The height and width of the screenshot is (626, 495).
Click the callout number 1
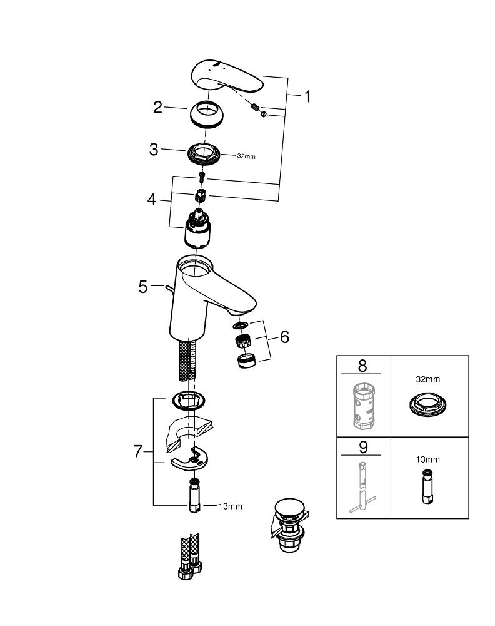[307, 96]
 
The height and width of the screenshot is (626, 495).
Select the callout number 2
[158, 108]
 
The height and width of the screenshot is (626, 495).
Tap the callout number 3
[154, 150]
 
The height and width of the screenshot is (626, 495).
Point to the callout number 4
[152, 199]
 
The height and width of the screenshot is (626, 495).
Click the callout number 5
[142, 287]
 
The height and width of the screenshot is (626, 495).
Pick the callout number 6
[284, 337]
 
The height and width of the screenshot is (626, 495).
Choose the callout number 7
[138, 451]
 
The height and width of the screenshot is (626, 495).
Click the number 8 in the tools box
[362, 366]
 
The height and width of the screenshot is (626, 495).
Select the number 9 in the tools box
[363, 447]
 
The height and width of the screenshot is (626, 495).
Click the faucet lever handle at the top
[227, 76]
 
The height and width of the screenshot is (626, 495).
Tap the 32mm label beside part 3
[246, 156]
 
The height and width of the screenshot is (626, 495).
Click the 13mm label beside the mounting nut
[231, 506]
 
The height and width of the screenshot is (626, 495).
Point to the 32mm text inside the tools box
[428, 379]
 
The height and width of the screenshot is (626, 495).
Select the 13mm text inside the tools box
[428, 459]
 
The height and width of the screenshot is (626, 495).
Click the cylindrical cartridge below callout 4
[197, 228]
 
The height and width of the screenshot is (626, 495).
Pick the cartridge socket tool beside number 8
[363, 406]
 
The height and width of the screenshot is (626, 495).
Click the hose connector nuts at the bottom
[190, 567]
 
